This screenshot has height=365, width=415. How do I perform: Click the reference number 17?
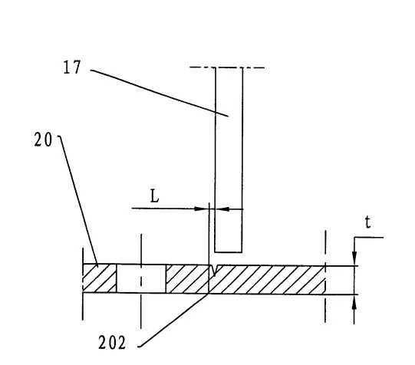click(x=72, y=67)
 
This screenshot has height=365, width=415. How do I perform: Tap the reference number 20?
click(x=43, y=140)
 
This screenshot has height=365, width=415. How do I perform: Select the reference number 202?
click(x=112, y=343)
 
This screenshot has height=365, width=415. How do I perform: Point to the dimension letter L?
click(x=154, y=196)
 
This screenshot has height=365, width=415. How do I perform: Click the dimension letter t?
click(x=368, y=222)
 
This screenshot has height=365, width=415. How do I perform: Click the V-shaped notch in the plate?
click(x=214, y=271)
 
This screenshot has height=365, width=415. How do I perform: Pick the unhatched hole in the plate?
click(x=141, y=278)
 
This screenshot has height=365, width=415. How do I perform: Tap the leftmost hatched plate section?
click(x=100, y=278)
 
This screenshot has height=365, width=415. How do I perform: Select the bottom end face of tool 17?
click(x=228, y=252)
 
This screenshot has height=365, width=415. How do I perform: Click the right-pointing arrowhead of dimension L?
click(x=200, y=209)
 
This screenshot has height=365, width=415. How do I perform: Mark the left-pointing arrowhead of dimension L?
click(x=222, y=209)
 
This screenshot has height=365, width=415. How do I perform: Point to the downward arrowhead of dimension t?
click(x=354, y=258)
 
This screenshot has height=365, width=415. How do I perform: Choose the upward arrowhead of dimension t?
click(x=354, y=301)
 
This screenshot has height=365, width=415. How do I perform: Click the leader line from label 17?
click(x=160, y=93)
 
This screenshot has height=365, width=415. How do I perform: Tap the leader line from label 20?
click(x=77, y=201)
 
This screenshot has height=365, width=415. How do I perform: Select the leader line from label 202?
click(x=173, y=321)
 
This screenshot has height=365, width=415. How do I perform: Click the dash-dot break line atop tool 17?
click(x=227, y=67)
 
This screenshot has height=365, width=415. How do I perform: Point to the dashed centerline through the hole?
click(x=141, y=281)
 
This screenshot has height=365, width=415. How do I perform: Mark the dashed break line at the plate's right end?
click(x=325, y=276)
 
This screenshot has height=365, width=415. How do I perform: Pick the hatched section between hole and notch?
click(x=187, y=279)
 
